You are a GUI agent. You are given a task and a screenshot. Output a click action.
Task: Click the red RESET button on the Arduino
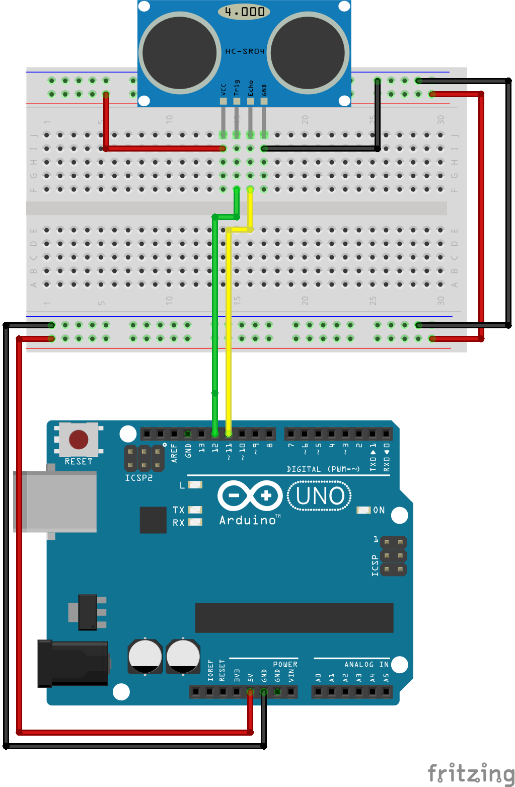79,440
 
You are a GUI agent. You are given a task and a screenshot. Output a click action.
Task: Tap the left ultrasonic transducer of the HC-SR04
180,53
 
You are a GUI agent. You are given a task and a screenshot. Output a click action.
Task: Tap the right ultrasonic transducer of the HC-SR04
308,53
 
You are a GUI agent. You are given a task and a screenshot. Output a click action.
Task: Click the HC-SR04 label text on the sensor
245,51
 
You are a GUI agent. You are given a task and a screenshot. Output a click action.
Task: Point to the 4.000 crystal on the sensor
244,12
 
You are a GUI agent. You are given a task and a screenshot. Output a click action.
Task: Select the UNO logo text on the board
320,496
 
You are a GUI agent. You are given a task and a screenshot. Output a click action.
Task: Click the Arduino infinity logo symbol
250,496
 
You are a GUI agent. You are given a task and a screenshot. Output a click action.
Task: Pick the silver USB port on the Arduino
55,502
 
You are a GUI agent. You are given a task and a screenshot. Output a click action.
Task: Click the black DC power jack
73,664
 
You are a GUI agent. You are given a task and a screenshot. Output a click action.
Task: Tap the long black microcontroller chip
294,618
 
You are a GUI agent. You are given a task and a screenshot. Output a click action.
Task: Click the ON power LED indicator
363,510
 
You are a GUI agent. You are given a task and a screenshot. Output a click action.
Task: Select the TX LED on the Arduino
195,510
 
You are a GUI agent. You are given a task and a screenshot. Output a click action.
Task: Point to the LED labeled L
195,485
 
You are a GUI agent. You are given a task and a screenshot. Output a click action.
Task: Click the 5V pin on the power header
250,692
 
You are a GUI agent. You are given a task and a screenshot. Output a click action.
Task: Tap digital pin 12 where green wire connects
215,434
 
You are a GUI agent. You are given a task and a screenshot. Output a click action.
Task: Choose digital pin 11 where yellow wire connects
229,434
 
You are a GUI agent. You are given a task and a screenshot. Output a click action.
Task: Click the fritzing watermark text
471,773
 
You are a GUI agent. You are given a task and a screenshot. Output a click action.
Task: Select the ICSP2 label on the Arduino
139,478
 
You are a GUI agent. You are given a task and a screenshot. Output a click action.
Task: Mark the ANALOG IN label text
366,665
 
